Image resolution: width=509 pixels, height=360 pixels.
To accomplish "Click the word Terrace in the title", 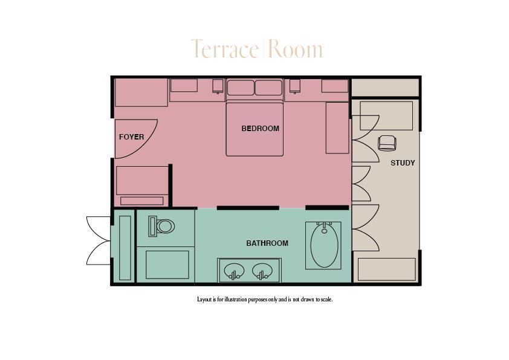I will (224, 50).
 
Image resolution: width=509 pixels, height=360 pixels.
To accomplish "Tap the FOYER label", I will (131, 137).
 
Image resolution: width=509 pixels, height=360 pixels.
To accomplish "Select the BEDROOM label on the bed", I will (260, 129).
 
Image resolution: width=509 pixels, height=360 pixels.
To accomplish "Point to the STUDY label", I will (403, 163).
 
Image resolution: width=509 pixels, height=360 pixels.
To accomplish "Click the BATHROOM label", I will (267, 243).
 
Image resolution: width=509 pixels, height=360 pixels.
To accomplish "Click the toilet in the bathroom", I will (163, 227).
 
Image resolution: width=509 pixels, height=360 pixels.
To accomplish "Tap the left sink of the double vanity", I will (234, 270).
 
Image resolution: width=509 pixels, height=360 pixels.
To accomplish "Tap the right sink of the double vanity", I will (262, 270).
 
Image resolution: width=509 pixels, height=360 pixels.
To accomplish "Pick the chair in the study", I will (387, 143).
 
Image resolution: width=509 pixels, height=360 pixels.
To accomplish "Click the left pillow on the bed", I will (241, 88).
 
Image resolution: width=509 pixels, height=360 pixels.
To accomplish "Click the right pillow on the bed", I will (268, 88).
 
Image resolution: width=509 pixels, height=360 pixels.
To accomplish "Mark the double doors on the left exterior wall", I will (98, 240).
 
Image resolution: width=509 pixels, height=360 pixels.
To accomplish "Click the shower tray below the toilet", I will (167, 265).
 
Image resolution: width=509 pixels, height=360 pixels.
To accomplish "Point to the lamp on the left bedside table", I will (218, 86).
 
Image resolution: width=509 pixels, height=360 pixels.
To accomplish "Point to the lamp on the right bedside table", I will (295, 86).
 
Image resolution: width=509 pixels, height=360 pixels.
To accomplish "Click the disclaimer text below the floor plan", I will (265, 300).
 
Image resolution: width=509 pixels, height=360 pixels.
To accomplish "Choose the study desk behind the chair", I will (386, 115).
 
